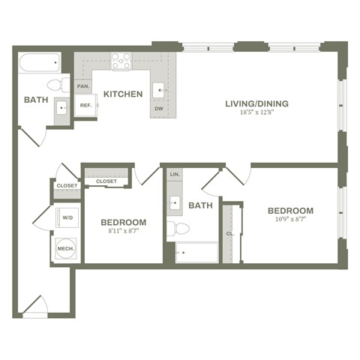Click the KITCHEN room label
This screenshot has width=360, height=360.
pos(123,94)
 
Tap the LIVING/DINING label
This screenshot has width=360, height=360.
pos(257,103)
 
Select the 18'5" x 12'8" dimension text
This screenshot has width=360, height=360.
pos(257,113)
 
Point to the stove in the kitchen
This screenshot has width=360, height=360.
pos(121,61)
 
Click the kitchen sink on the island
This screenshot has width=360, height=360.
pos(160,90)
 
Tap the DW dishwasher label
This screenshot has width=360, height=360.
pos(158,109)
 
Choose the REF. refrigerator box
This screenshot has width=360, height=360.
pos(85,106)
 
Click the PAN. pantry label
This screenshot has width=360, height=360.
pos(84,86)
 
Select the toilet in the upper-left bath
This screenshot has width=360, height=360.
pos(59,84)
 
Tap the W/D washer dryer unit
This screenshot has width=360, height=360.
pos(67,218)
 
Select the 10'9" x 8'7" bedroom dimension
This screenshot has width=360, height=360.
pos(290,221)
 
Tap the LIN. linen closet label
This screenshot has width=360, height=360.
pos(175,175)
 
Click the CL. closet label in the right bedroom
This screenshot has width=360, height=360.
pos(230,233)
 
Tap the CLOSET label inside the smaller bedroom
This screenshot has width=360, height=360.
pos(106,181)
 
